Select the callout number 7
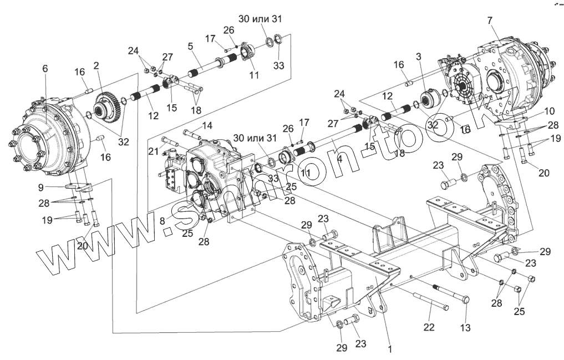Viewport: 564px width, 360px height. point(489,21)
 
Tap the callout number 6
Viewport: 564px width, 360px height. point(45,68)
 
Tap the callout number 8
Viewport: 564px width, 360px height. point(162,220)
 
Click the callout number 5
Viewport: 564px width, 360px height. point(190,47)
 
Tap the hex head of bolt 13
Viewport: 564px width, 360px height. point(465,300)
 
